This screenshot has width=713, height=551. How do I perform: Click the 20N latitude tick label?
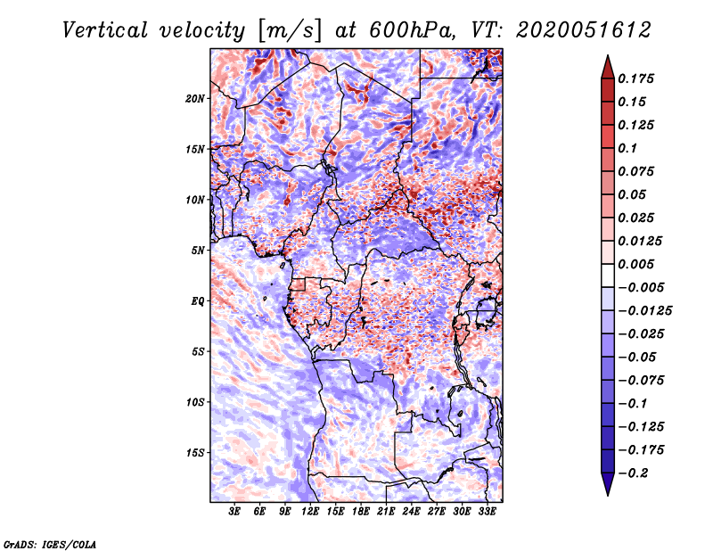pos(195,98)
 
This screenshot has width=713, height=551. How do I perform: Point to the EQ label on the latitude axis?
pos(197,301)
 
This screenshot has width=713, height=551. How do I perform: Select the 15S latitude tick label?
pos(195,453)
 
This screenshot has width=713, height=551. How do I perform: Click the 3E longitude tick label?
pos(235,513)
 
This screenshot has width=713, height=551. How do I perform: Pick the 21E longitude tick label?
pos(386,513)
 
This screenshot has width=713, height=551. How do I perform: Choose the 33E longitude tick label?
pos(486,513)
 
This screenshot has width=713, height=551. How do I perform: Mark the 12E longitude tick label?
pos(310,513)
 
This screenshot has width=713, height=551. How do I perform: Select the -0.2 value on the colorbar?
pos(636,473)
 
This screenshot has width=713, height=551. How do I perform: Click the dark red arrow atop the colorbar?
pos(606,66)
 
